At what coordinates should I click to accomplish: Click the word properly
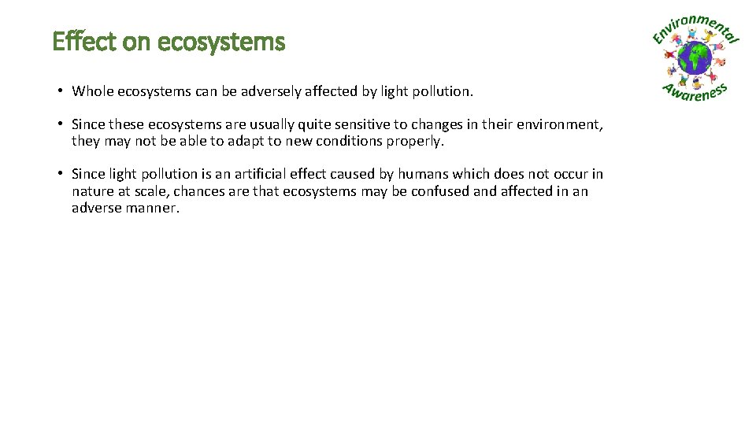pos(415,142)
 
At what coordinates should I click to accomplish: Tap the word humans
pos(422,174)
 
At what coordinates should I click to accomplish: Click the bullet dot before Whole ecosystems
pos(60,91)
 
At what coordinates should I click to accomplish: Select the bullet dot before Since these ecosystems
pos(60,124)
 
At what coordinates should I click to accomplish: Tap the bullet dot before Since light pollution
pos(60,174)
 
